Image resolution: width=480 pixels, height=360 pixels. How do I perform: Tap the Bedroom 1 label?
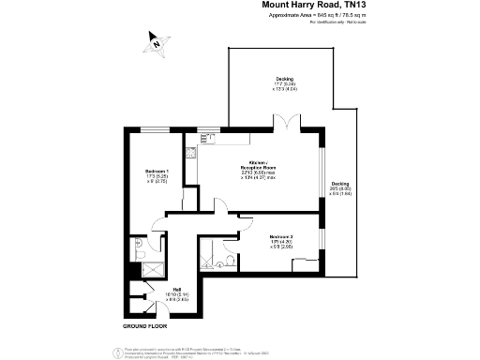157,173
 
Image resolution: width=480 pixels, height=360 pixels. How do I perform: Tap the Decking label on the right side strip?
339,186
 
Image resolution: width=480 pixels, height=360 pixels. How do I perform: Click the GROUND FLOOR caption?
144,325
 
